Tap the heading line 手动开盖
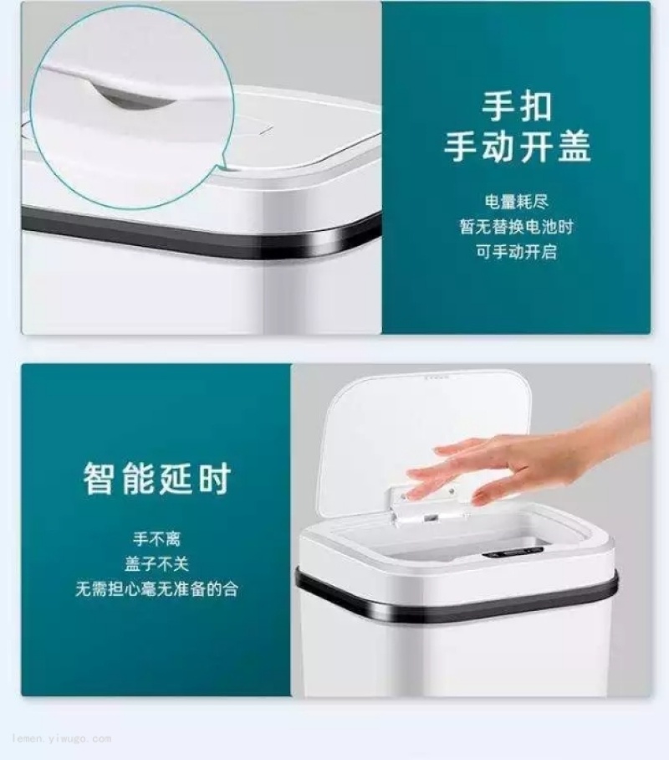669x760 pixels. point(517,146)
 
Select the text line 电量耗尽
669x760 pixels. point(517,202)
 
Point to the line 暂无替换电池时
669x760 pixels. point(517,227)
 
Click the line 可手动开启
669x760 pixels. point(517,252)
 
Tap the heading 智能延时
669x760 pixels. point(157,479)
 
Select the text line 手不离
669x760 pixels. point(157,538)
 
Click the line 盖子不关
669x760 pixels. point(157,563)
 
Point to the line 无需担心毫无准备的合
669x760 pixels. point(157,589)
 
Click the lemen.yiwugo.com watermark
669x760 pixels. point(62,739)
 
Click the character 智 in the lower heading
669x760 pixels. point(100,479)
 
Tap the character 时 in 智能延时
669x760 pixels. point(214,479)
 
